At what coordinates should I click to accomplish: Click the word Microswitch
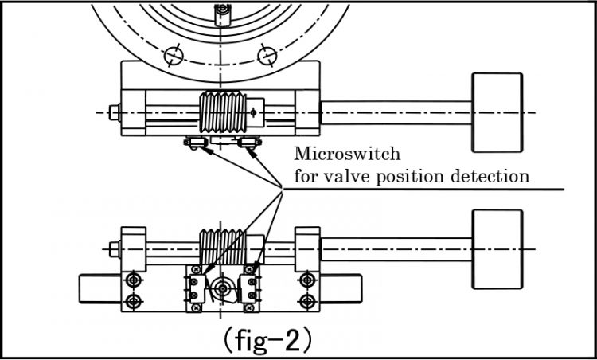coord(347,153)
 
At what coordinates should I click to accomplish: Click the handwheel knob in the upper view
coord(497,112)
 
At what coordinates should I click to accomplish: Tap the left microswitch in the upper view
coord(194,143)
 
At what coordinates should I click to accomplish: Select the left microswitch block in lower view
coord(194,286)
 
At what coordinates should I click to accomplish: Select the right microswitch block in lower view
coord(252,286)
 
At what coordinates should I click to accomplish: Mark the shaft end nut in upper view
coord(113,112)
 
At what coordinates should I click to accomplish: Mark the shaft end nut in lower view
coord(113,249)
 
